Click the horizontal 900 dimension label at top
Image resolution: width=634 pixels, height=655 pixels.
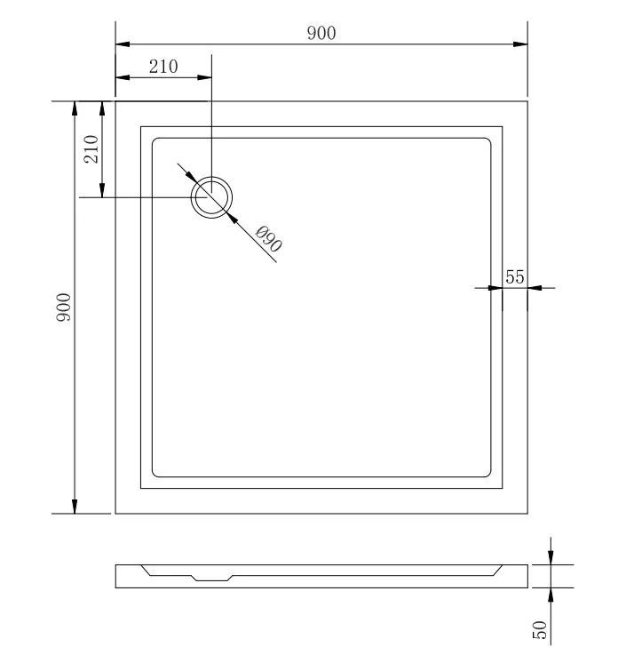pyautogui.click(x=321, y=33)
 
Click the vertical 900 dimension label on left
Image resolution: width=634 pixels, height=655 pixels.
pyautogui.click(x=64, y=307)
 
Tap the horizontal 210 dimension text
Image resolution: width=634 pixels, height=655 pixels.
pyautogui.click(x=163, y=67)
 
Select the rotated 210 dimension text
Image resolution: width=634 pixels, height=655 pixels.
pyautogui.click(x=91, y=148)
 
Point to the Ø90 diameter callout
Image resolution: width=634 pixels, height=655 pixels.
pyautogui.click(x=268, y=238)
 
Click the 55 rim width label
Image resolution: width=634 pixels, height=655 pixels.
pyautogui.click(x=515, y=277)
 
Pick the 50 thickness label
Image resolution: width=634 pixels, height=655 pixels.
pyautogui.click(x=540, y=629)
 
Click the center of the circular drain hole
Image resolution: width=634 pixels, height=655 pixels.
pyautogui.click(x=211, y=197)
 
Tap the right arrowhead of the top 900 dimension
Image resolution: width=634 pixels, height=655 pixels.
pyautogui.click(x=520, y=44)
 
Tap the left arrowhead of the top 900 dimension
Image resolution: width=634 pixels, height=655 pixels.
pyautogui.click(x=123, y=44)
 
